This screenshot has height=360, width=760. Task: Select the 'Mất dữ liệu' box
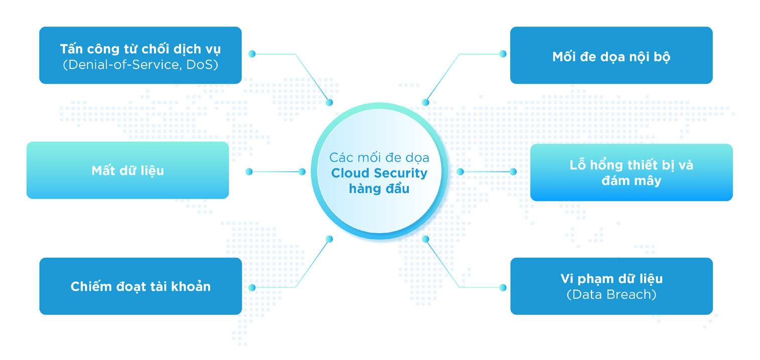click(127, 170)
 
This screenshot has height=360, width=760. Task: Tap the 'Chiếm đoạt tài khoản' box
click(140, 286)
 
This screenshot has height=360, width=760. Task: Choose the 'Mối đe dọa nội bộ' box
click(611, 56)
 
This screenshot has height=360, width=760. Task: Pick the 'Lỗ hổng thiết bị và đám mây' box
click(631, 172)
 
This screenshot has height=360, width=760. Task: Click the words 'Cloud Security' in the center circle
click(379, 173)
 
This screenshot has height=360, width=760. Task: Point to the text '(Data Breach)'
click(611, 294)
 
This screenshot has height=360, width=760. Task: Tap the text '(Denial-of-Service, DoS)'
click(140, 65)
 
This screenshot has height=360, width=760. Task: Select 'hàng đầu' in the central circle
click(379, 189)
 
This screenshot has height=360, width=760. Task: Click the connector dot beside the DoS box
click(252, 54)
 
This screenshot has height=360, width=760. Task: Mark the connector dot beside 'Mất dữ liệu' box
click(249, 171)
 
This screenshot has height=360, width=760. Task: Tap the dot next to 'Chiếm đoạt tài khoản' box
click(252, 287)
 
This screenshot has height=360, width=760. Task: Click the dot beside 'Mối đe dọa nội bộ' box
click(503, 54)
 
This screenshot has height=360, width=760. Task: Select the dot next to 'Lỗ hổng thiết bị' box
click(513, 171)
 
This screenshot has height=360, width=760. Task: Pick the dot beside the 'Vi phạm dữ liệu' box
click(503, 287)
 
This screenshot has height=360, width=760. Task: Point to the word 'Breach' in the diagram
click(630, 294)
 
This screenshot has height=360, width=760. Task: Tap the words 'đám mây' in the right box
click(631, 181)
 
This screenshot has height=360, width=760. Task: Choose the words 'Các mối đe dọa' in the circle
click(379, 157)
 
